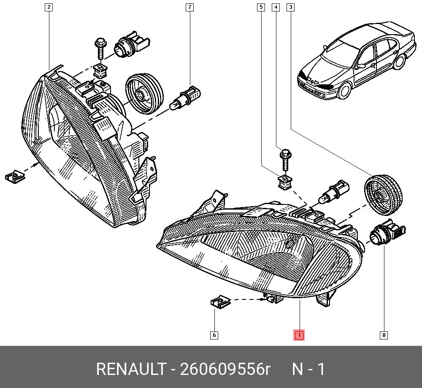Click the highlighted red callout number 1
click(x=299, y=335)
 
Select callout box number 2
click(x=49, y=7)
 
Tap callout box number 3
click(x=290, y=7)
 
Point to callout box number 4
click(x=276, y=7)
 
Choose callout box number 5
click(x=261, y=7)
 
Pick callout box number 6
click(x=214, y=335)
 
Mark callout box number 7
click(x=190, y=7)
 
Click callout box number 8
click(x=384, y=335)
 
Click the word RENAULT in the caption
click(x=130, y=369)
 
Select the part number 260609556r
click(x=225, y=369)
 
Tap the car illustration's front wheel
click(x=346, y=91)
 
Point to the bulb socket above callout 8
click(x=386, y=234)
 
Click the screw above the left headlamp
click(x=100, y=48)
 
